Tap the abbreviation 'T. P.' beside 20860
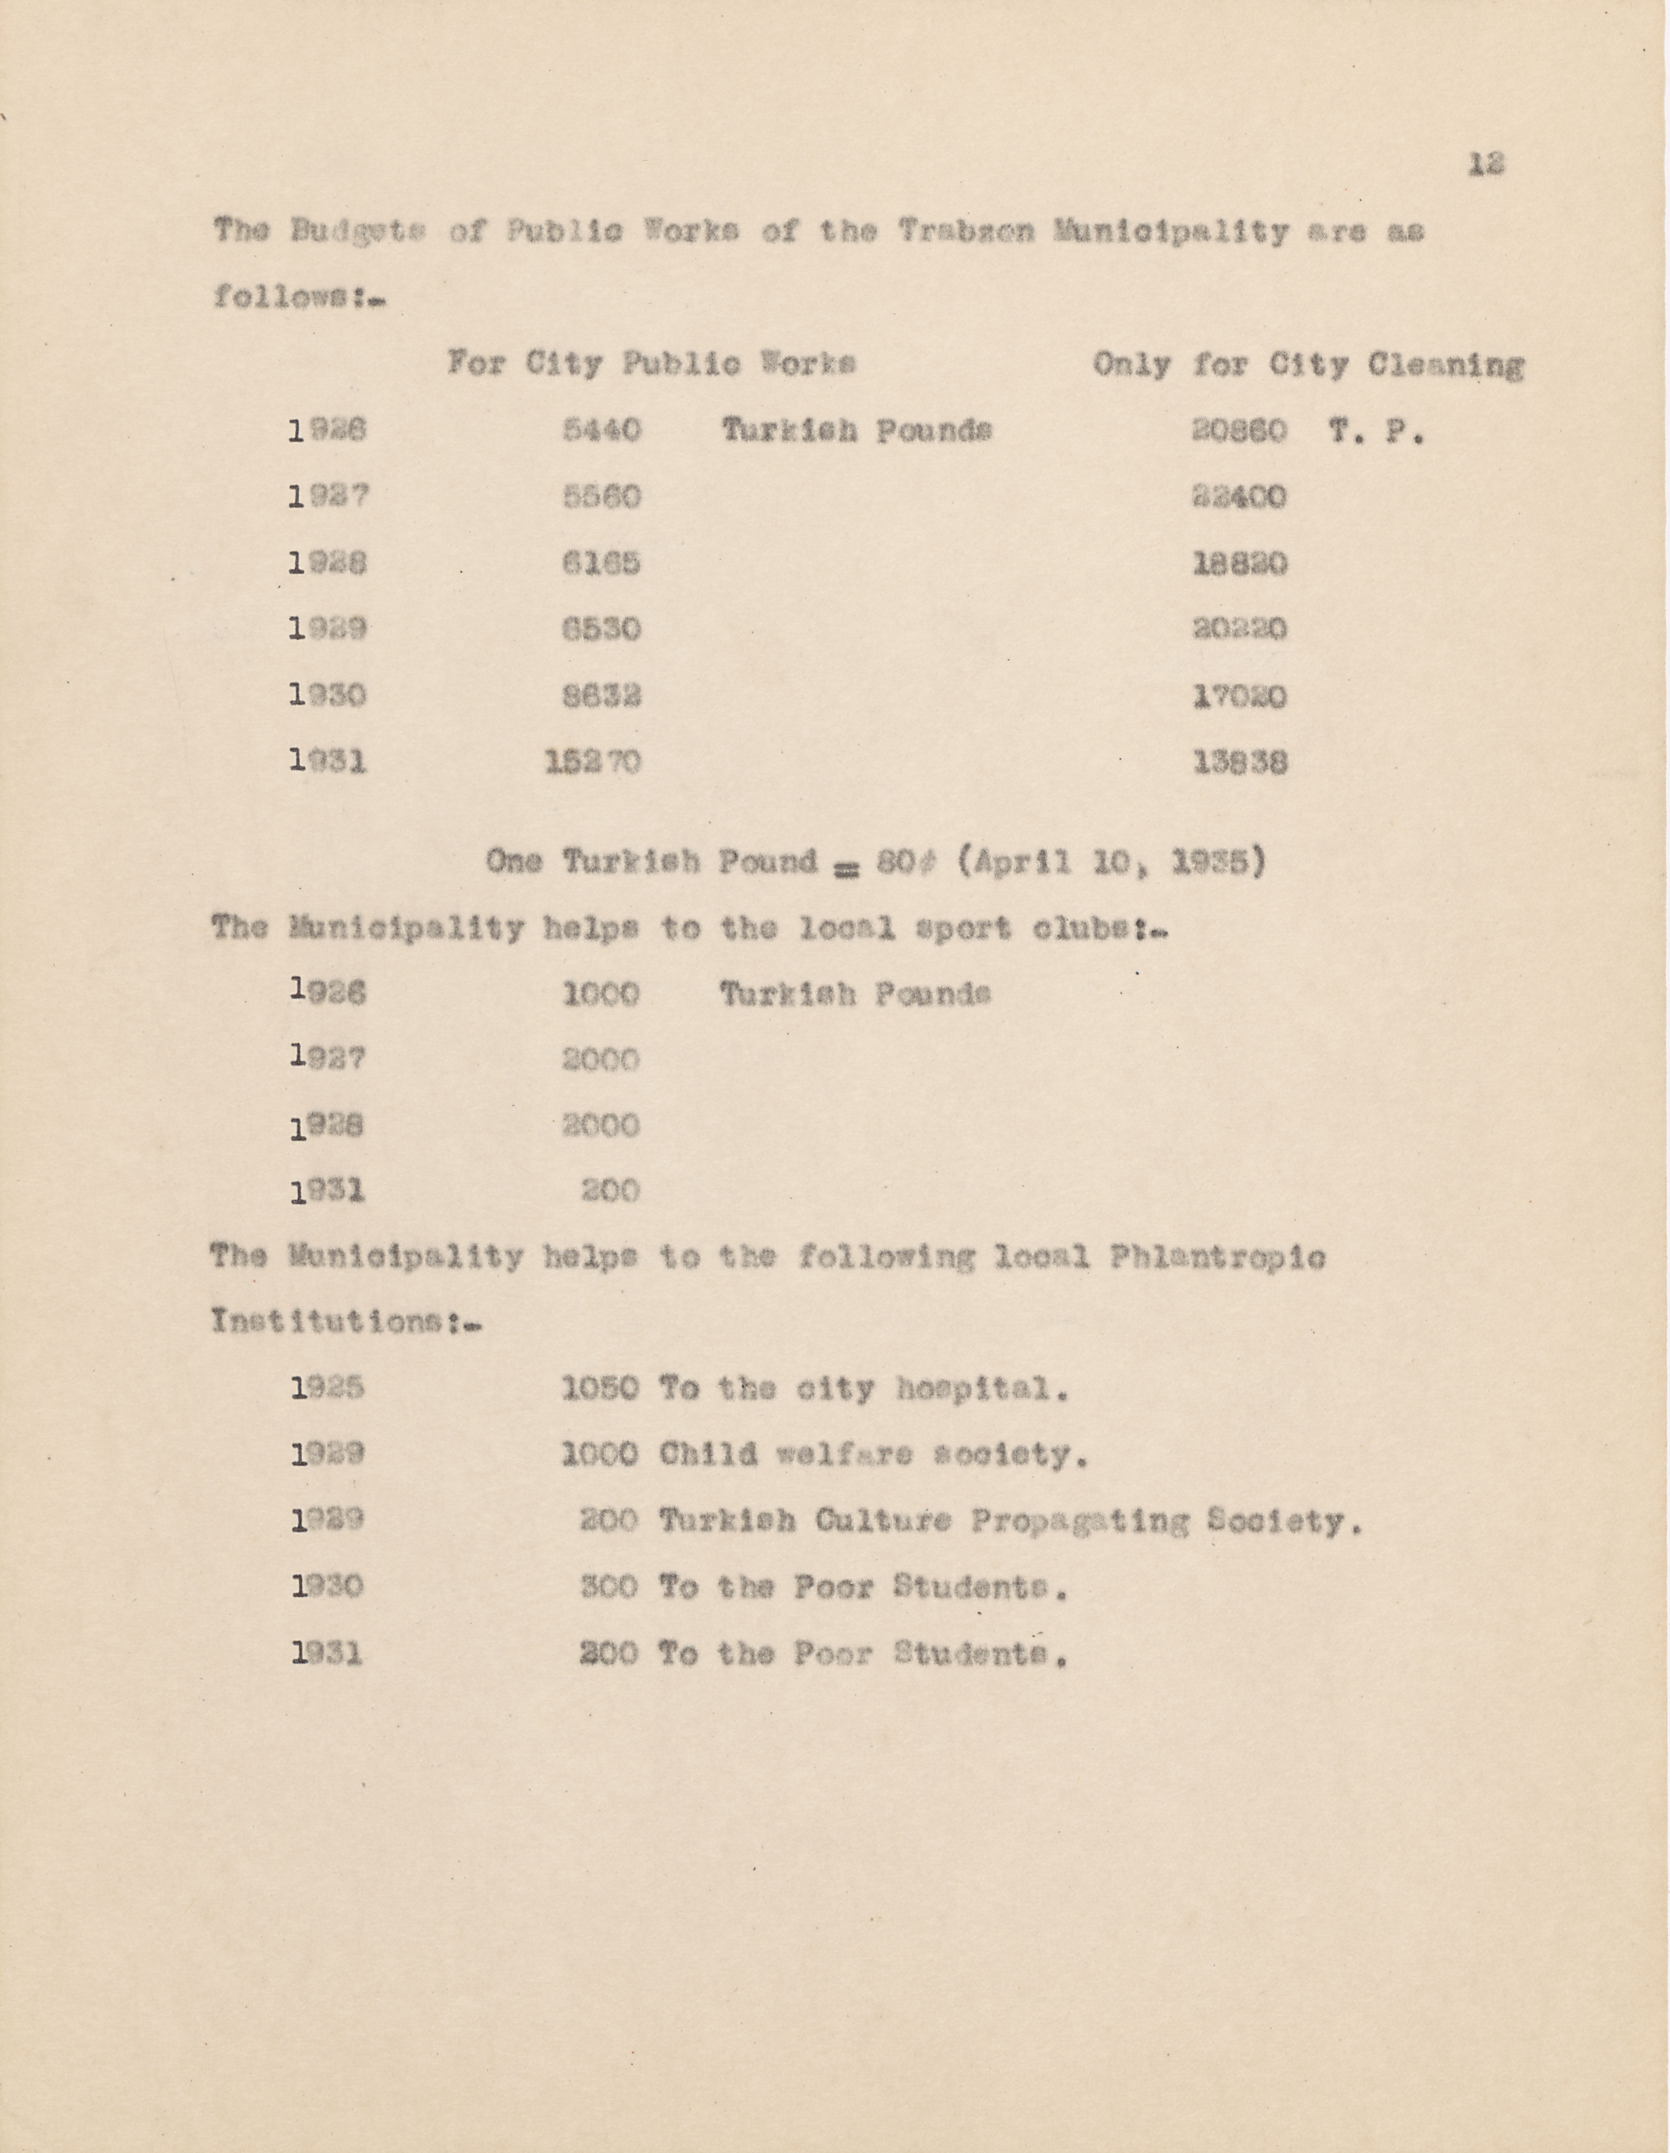(x=1375, y=432)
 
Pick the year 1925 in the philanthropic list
(x=328, y=1389)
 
